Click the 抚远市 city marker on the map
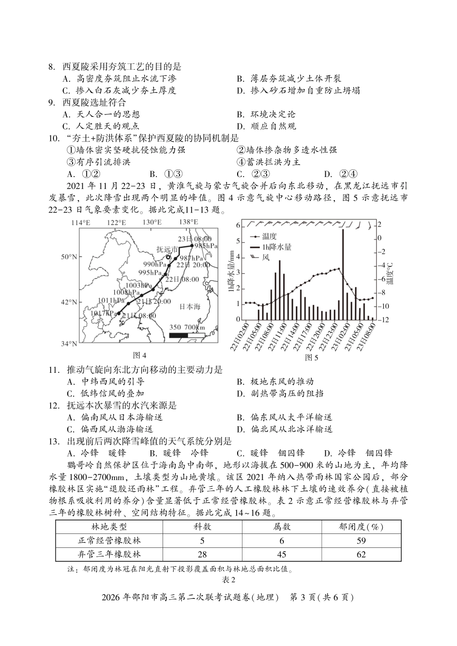tap(169, 257)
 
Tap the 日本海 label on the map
tap(190, 306)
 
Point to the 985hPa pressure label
tap(199, 245)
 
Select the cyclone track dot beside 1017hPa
tap(118, 313)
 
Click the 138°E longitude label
tap(188, 222)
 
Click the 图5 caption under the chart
tap(312, 357)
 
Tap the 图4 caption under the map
tap(140, 355)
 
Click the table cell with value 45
tap(282, 555)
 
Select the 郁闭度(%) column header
tap(361, 527)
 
